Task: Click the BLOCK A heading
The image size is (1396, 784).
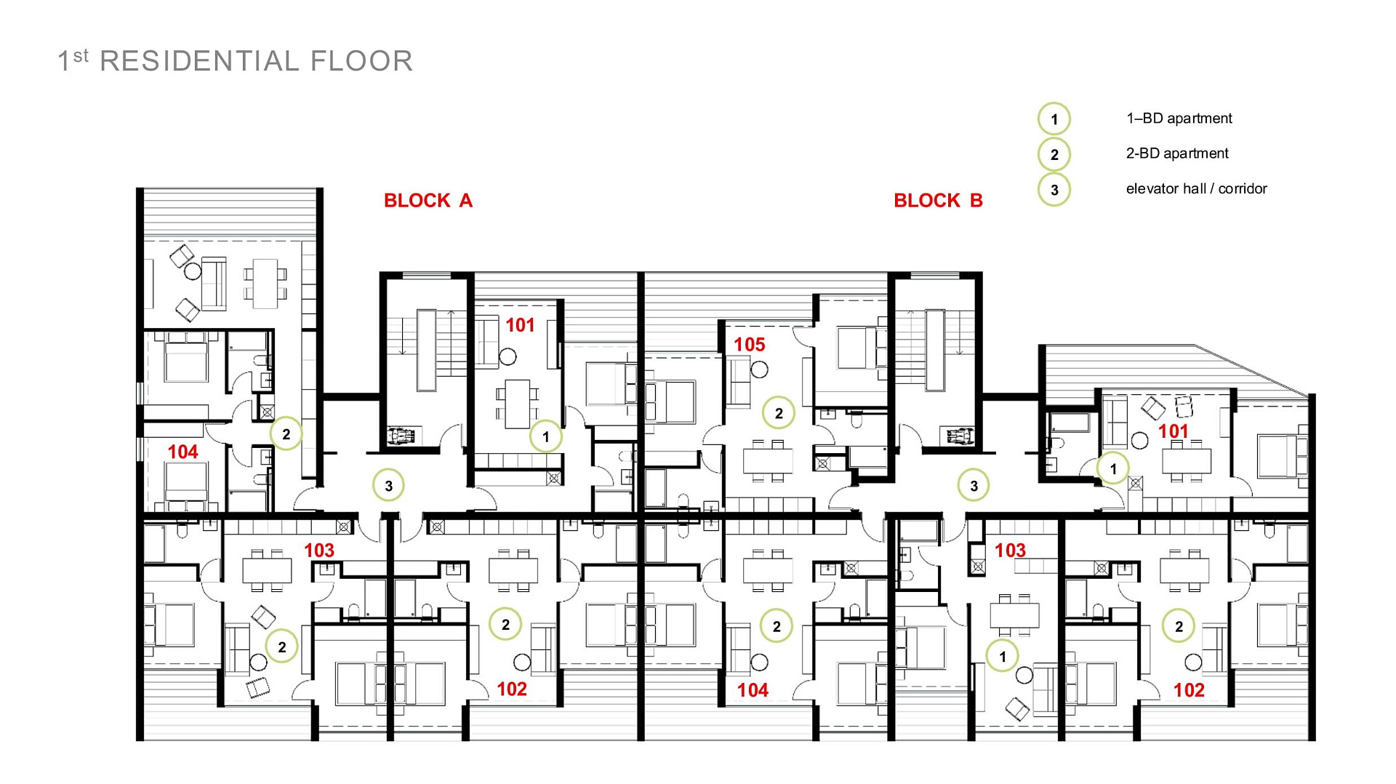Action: pos(428,201)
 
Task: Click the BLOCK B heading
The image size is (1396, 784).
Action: pos(938,201)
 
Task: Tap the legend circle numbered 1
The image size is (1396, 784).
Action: pos(1054,119)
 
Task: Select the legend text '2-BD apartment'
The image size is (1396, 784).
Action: pos(1177,153)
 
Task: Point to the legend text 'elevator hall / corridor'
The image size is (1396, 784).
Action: pos(1196,189)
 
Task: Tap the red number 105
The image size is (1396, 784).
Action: pos(750,345)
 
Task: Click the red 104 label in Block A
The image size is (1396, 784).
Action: pos(182,452)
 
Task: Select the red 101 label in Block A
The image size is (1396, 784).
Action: pos(521,325)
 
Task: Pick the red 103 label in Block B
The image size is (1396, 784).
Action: pos(1010,551)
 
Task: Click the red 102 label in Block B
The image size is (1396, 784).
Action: pos(1189,690)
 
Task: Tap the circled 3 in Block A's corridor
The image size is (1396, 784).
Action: pos(389,486)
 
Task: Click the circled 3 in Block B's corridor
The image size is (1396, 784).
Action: pos(974,486)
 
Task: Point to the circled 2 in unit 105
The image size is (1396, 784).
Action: pos(779,413)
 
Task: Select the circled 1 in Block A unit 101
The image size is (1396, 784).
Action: pos(545,436)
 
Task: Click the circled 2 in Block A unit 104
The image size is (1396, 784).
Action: pos(286,434)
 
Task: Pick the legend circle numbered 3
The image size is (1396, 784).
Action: pos(1054,190)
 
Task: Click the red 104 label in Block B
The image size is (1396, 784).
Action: pos(753,690)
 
